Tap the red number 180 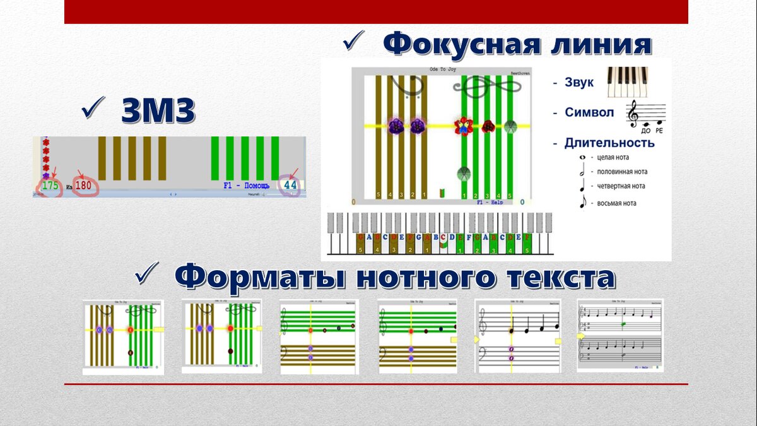[83, 186]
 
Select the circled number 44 [290, 186]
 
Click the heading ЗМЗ [158, 111]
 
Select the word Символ [589, 113]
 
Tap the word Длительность [609, 143]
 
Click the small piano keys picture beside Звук [627, 81]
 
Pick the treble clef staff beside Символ [645, 115]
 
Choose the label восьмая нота [616, 203]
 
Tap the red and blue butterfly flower [464, 126]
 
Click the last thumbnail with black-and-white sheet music [620, 336]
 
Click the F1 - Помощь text [246, 186]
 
